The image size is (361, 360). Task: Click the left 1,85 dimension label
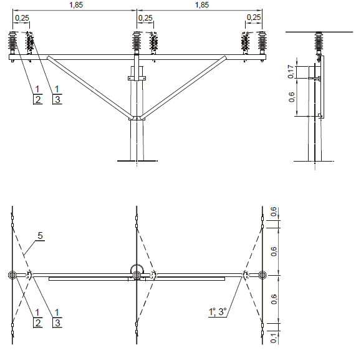tap(76, 5)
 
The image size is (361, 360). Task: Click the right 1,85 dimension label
tap(202, 5)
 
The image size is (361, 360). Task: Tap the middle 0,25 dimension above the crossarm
tap(145, 17)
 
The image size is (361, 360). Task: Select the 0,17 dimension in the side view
tap(291, 72)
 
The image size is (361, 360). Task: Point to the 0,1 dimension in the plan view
tap(274, 338)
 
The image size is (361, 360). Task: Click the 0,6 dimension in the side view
tap(291, 97)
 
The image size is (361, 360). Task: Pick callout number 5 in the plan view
tap(40, 236)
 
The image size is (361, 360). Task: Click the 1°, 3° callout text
tap(218, 312)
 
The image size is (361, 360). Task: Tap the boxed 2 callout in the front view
tap(38, 99)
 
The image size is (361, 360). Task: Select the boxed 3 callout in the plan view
tap(57, 323)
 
